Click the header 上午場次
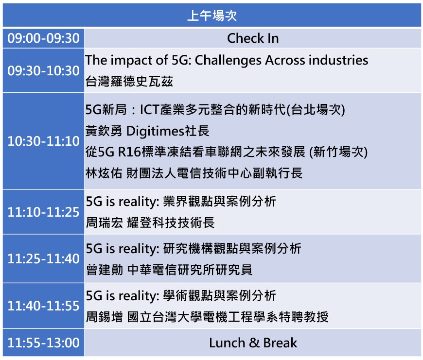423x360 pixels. (x=212, y=16)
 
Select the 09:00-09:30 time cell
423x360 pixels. (x=43, y=38)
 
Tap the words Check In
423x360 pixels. (x=253, y=38)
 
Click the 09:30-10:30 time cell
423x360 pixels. (x=43, y=70)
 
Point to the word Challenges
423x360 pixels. (x=228, y=60)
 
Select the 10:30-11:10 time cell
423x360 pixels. (x=43, y=141)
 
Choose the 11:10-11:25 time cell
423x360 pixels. (x=43, y=212)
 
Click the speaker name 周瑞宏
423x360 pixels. (x=104, y=223)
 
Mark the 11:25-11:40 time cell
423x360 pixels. (x=43, y=258)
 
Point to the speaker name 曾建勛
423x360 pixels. (x=105, y=270)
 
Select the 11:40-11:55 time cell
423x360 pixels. (x=43, y=306)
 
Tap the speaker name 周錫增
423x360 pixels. (x=104, y=317)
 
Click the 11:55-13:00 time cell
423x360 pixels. (x=43, y=343)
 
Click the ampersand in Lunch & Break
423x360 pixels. (x=254, y=343)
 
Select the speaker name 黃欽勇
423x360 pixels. (x=104, y=131)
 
